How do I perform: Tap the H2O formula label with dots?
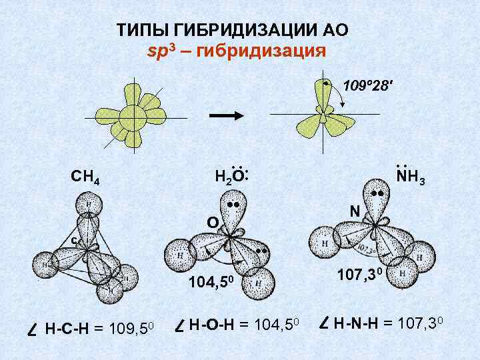pyautogui.click(x=231, y=176)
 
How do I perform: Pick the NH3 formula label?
pyautogui.click(x=410, y=177)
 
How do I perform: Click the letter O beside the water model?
pyautogui.click(x=211, y=221)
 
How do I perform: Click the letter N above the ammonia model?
pyautogui.click(x=355, y=211)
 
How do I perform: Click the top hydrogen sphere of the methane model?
pyautogui.click(x=87, y=205)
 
